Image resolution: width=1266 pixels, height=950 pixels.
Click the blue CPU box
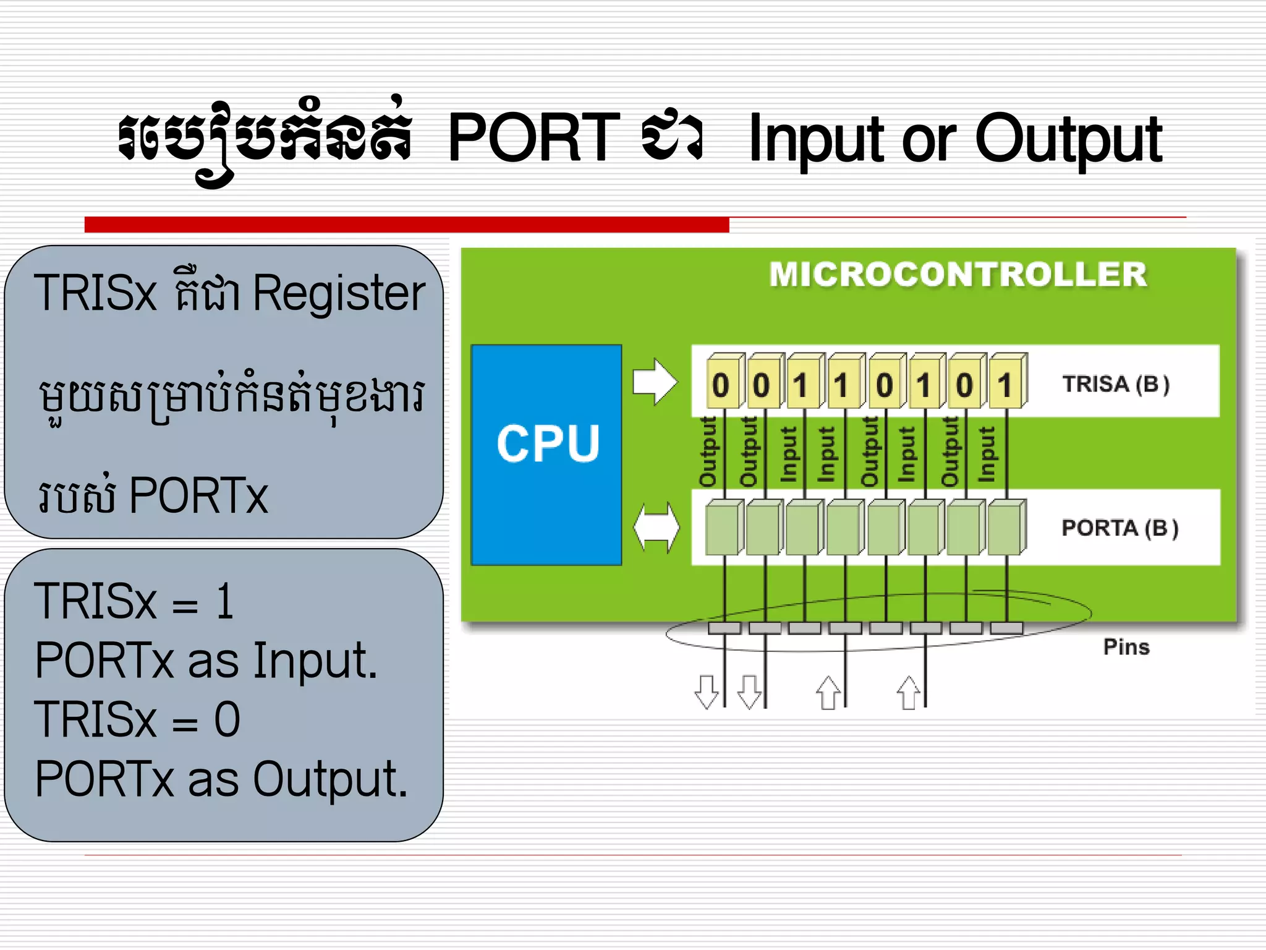546,455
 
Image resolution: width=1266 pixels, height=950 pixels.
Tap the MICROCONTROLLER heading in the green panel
958,275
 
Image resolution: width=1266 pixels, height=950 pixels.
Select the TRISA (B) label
1116,384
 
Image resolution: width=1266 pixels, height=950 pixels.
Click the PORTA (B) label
1119,528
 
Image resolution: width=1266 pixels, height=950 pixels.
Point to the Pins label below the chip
1126,647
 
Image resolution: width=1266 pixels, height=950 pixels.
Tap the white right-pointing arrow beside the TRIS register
655,382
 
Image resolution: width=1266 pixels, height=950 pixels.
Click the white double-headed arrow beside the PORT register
656,528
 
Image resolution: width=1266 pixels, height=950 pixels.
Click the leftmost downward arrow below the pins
707,691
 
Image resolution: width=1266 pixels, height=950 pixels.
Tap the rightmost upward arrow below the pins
909,693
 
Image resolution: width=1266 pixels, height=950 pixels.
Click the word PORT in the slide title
533,137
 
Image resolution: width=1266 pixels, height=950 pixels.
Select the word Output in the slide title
1068,140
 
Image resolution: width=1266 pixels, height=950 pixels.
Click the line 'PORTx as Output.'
221,779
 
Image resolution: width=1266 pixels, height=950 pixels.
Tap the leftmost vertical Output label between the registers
707,451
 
